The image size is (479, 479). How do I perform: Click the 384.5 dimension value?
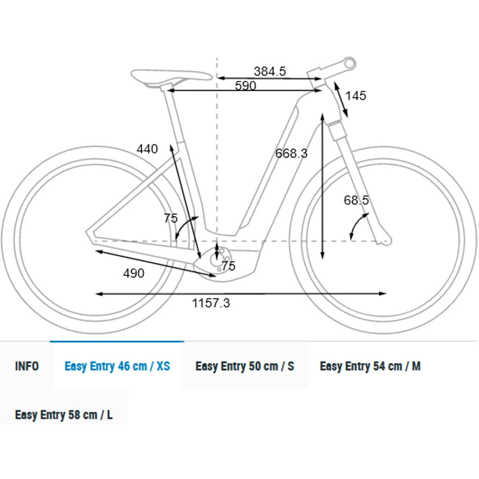click(270, 72)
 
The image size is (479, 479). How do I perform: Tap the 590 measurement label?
click(246, 86)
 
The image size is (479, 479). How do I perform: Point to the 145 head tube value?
click(356, 96)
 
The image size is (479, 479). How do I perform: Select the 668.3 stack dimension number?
click(291, 153)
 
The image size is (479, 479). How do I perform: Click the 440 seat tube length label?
click(147, 149)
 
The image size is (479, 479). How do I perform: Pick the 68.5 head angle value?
click(356, 200)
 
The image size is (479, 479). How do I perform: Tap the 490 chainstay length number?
click(134, 273)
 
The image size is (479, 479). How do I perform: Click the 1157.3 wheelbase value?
click(211, 303)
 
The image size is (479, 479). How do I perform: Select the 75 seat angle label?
click(171, 218)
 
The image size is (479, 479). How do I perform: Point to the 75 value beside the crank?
click(228, 266)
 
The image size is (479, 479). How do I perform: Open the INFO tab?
click(27, 366)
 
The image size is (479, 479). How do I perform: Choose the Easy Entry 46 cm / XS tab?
click(117, 366)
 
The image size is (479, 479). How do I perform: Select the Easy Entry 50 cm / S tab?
click(245, 366)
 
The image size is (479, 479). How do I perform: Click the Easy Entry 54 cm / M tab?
click(370, 366)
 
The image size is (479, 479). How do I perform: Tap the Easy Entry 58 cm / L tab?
click(64, 414)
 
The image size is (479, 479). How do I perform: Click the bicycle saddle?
click(170, 76)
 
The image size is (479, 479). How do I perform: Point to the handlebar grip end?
click(349, 62)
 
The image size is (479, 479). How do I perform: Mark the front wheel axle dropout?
click(385, 241)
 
